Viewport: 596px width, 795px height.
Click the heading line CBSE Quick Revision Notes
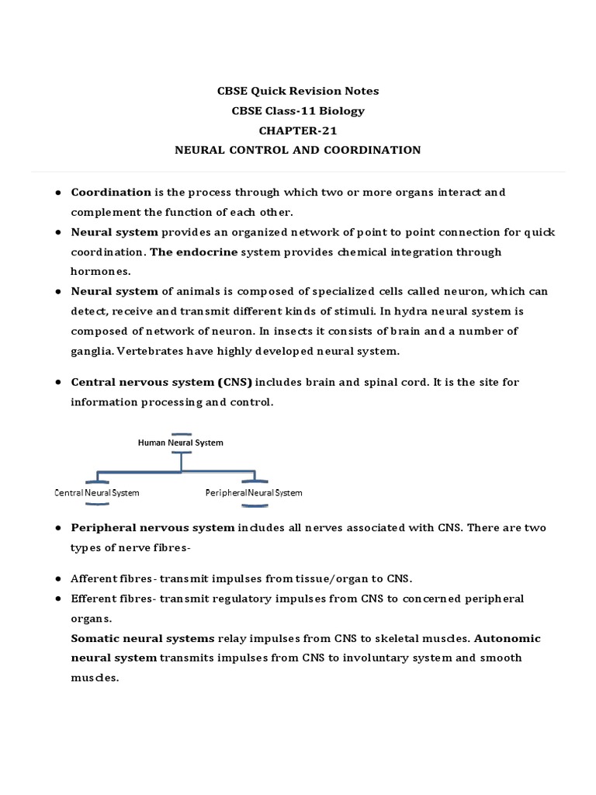[298, 91]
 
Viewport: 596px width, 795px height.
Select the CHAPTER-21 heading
[298, 130]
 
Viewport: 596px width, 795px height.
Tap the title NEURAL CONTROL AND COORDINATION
[298, 150]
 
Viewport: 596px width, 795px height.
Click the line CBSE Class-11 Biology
[298, 111]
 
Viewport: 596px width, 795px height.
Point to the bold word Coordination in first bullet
[111, 192]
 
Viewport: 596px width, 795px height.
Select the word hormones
[101, 272]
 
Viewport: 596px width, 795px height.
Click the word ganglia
[91, 351]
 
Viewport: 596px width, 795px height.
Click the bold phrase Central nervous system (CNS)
[161, 382]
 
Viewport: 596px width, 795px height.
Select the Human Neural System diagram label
[180, 443]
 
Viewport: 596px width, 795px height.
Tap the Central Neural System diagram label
[97, 493]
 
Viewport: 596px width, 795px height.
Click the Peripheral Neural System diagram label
[254, 493]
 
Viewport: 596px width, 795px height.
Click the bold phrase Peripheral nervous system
[153, 528]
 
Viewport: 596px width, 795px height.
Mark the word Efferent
[94, 599]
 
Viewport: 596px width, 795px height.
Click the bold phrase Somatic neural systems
[143, 638]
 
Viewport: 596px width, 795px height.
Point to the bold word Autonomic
[507, 638]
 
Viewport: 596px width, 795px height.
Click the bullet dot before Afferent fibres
[58, 579]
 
